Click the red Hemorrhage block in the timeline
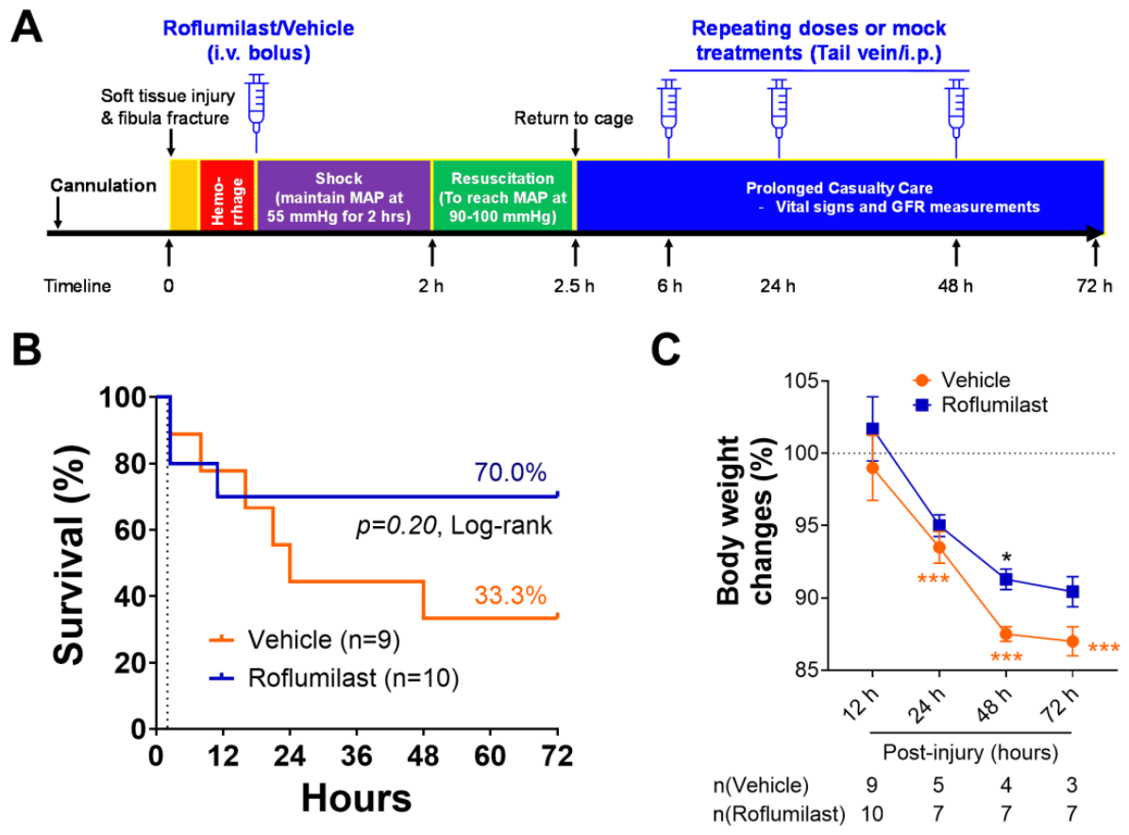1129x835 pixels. [227, 196]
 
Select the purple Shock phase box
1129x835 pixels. [344, 196]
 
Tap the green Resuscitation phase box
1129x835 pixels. [502, 196]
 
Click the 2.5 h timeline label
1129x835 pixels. [574, 286]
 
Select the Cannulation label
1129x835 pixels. [103, 185]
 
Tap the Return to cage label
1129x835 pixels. [574, 118]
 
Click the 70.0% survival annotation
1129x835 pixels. [510, 472]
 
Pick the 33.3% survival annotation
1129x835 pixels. [510, 595]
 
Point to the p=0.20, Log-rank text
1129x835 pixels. [454, 526]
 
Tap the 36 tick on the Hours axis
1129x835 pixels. [357, 756]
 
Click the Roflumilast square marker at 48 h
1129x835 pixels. [1006, 579]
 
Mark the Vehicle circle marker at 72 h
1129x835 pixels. [1073, 641]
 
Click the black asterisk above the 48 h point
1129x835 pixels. [1006, 557]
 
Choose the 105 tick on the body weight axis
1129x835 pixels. [801, 381]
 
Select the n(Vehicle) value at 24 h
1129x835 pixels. [938, 785]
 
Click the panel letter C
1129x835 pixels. [666, 350]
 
